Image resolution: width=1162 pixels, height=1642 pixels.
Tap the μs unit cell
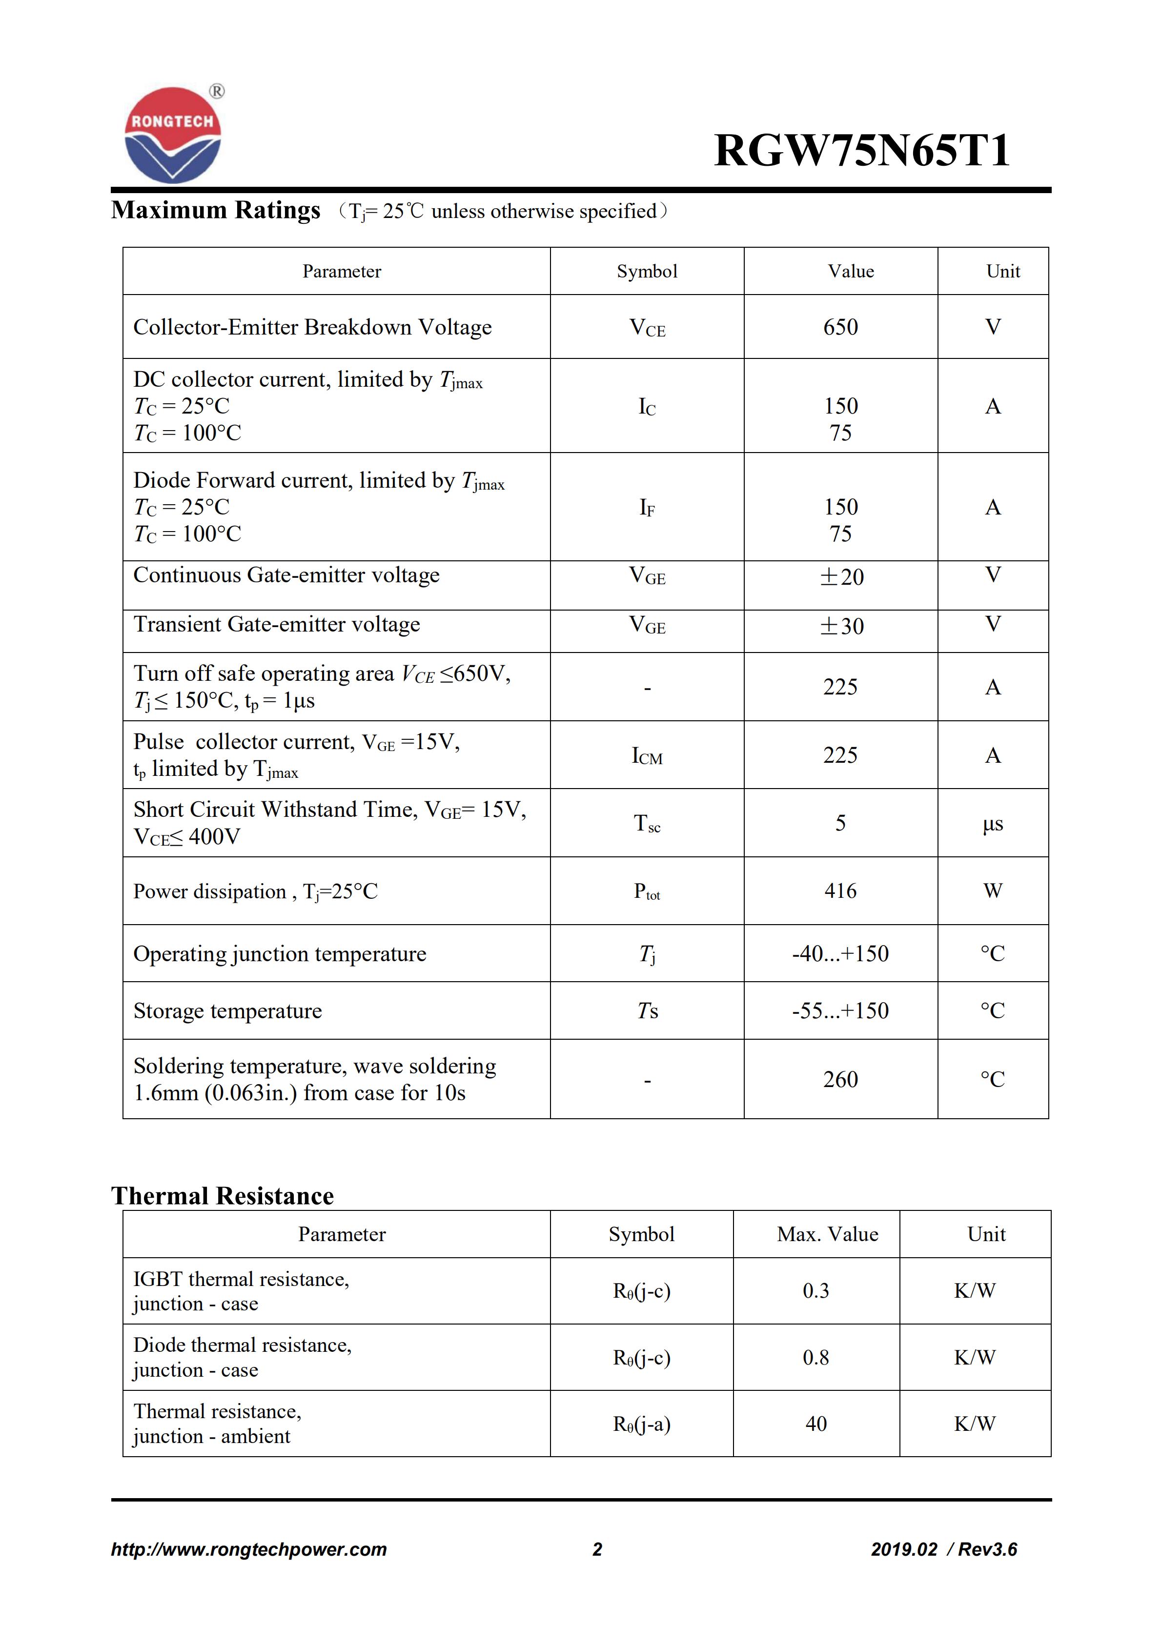click(993, 824)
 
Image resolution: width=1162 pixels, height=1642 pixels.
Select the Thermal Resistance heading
click(223, 1196)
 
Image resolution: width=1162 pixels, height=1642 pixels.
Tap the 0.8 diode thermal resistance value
click(815, 1357)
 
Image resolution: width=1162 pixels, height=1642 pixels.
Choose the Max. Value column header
click(827, 1234)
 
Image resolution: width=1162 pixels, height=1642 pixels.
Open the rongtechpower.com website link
click(248, 1549)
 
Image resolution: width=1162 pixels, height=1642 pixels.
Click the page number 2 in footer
click(597, 1549)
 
